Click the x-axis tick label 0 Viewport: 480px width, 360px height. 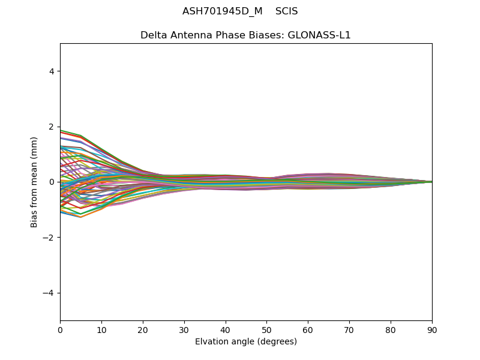[60, 329]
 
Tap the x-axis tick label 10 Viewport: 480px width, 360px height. [101, 329]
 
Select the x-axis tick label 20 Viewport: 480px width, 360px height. [143, 329]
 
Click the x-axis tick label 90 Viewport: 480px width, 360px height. [432, 329]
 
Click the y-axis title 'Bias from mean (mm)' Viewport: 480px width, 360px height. [35, 182]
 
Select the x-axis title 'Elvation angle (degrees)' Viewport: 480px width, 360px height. [246, 341]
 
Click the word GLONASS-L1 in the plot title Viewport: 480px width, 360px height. [319, 35]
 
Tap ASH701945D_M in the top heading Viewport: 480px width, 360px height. [223, 11]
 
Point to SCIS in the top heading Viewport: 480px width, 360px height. [287, 11]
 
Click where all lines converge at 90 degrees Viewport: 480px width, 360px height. [431, 182]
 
